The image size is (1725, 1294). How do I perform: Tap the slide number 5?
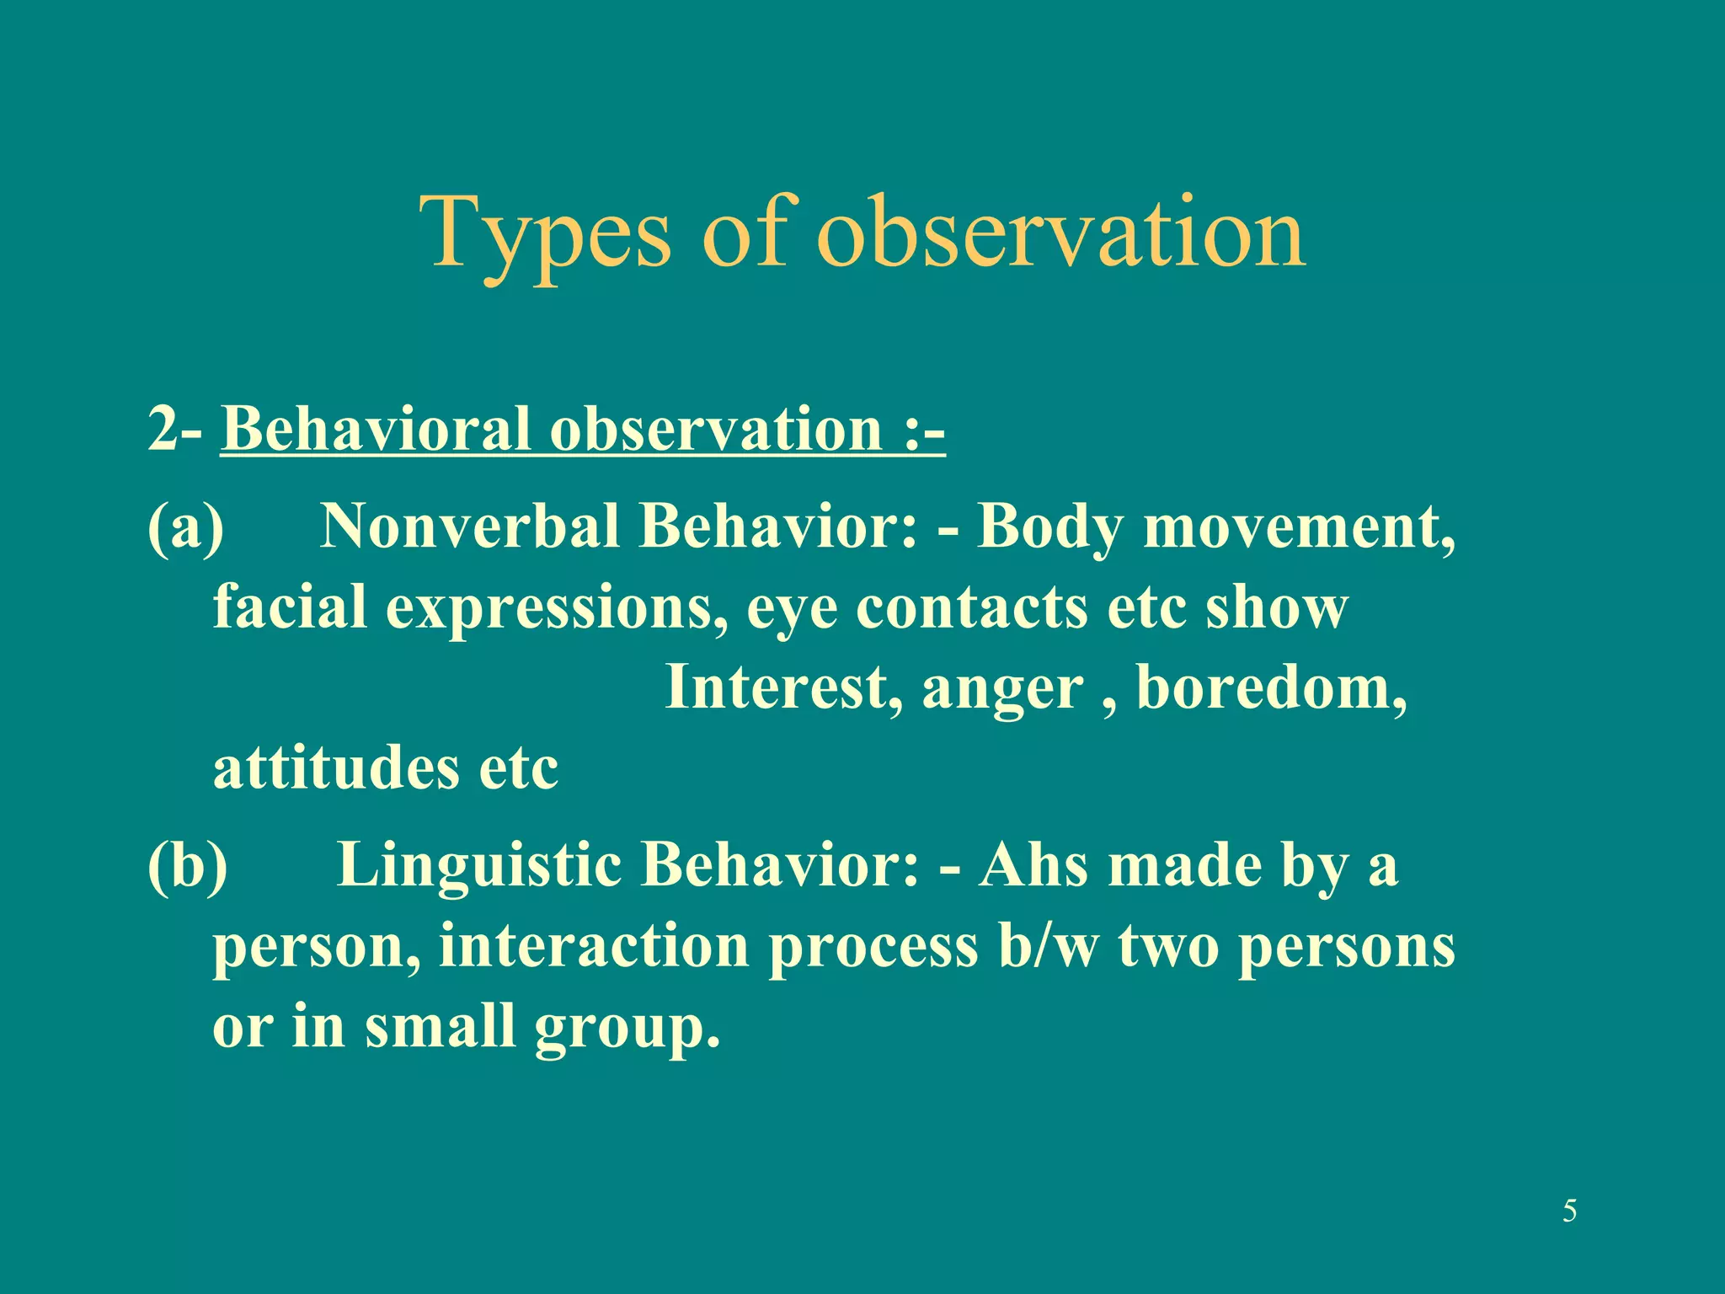pyautogui.click(x=1569, y=1211)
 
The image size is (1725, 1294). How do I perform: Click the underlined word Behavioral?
pyautogui.click(x=376, y=430)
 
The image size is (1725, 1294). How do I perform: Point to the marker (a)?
pyautogui.click(x=185, y=527)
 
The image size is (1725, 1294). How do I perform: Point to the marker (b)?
pyautogui.click(x=187, y=865)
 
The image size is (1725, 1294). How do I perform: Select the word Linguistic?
pyautogui.click(x=478, y=865)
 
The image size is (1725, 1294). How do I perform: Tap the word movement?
pyautogui.click(x=1298, y=527)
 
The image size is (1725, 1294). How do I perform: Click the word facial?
pyautogui.click(x=290, y=607)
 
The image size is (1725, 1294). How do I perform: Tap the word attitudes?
pyautogui.click(x=336, y=768)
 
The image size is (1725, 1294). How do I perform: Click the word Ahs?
pyautogui.click(x=1033, y=865)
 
